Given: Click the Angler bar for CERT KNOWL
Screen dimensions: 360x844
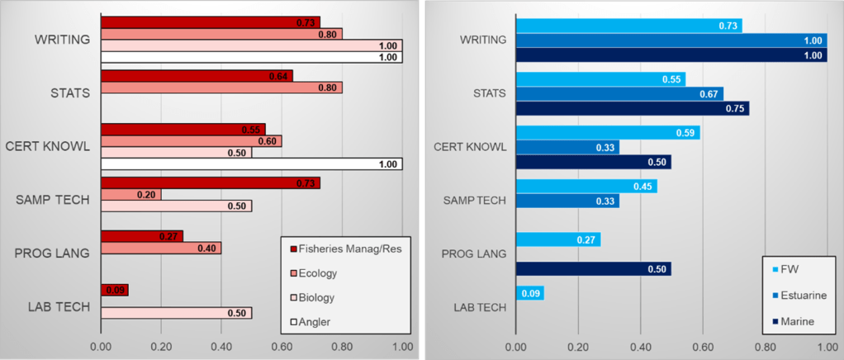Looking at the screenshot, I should pyautogui.click(x=251, y=164).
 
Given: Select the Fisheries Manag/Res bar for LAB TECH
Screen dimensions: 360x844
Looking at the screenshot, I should pyautogui.click(x=114, y=290).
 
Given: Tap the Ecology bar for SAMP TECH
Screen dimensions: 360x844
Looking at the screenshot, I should pyautogui.click(x=130, y=194).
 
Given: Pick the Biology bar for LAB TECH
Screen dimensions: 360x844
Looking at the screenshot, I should pyautogui.click(x=176, y=313).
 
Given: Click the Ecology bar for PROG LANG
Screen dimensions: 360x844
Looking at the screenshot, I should pyautogui.click(x=160, y=248).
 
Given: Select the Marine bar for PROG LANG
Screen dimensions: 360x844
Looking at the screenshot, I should pyautogui.click(x=593, y=268).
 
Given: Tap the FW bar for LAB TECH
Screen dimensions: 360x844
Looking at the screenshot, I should pyautogui.click(x=529, y=292).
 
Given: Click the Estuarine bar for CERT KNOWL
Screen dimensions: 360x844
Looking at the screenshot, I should pyautogui.click(x=567, y=147).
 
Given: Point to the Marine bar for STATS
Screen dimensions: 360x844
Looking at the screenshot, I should pyautogui.click(x=632, y=108).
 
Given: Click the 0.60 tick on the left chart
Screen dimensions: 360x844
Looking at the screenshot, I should pyautogui.click(x=281, y=348).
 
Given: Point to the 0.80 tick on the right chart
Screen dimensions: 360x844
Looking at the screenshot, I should pyautogui.click(x=765, y=348).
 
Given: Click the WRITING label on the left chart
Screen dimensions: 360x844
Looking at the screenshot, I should pyautogui.click(x=63, y=39).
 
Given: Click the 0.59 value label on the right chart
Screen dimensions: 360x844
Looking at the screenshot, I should pyautogui.click(x=685, y=133).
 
